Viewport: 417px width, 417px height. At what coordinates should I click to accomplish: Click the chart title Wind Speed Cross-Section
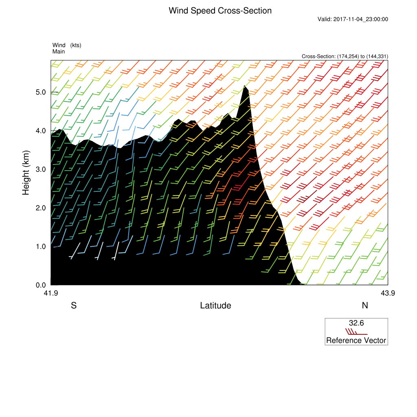[x=220, y=11]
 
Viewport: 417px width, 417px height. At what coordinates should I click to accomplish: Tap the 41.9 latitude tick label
[x=50, y=292]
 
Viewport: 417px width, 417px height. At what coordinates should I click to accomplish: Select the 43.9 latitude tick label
[x=388, y=292]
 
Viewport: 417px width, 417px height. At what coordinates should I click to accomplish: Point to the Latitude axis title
[x=215, y=305]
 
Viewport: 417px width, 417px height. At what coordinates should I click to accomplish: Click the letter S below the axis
[x=74, y=305]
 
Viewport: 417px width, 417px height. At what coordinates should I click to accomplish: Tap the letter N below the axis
[x=365, y=305]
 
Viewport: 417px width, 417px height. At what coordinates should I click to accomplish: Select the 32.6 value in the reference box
[x=356, y=323]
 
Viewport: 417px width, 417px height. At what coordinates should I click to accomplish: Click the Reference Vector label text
[x=356, y=340]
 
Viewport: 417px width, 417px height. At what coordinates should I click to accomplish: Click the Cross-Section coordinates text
[x=345, y=56]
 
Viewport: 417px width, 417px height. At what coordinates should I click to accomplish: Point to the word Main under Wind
[x=59, y=51]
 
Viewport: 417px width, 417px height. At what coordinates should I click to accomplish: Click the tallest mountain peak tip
[x=244, y=86]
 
